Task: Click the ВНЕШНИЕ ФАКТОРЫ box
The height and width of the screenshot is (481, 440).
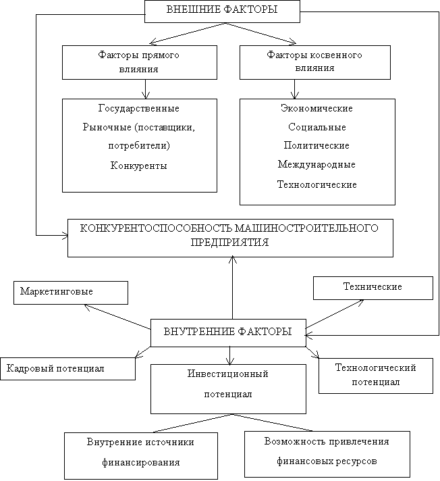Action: coord(222,11)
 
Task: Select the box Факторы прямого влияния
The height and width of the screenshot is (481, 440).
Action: coord(140,62)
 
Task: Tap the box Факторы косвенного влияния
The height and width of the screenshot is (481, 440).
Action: coord(315,62)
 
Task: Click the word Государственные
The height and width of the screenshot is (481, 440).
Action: coord(139,108)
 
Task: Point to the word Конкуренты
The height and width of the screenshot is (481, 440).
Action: coord(138,166)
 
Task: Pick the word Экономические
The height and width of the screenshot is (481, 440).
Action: coord(317,108)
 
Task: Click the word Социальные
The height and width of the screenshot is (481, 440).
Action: coord(317,127)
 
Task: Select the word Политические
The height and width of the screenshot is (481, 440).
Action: coord(317,145)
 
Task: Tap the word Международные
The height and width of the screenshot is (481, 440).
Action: coord(317,164)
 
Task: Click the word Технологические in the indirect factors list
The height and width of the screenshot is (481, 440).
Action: coord(317,184)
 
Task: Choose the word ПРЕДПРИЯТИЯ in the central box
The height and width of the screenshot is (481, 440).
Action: coord(229,243)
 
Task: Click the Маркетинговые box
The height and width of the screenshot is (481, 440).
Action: coord(71,293)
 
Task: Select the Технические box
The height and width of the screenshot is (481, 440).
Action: coord(373,288)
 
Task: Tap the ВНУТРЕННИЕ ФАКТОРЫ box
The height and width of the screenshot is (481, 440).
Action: coord(228,333)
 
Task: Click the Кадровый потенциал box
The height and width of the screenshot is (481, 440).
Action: coord(67,369)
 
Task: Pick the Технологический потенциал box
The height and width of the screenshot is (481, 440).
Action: coord(376,376)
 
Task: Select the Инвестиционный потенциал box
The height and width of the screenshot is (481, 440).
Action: coord(228,389)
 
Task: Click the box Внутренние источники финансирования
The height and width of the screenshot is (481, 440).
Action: coord(141,456)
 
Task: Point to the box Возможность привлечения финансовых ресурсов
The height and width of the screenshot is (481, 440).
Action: coord(327,454)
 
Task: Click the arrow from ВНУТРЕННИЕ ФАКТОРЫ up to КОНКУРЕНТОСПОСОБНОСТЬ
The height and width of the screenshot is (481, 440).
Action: coord(233,287)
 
